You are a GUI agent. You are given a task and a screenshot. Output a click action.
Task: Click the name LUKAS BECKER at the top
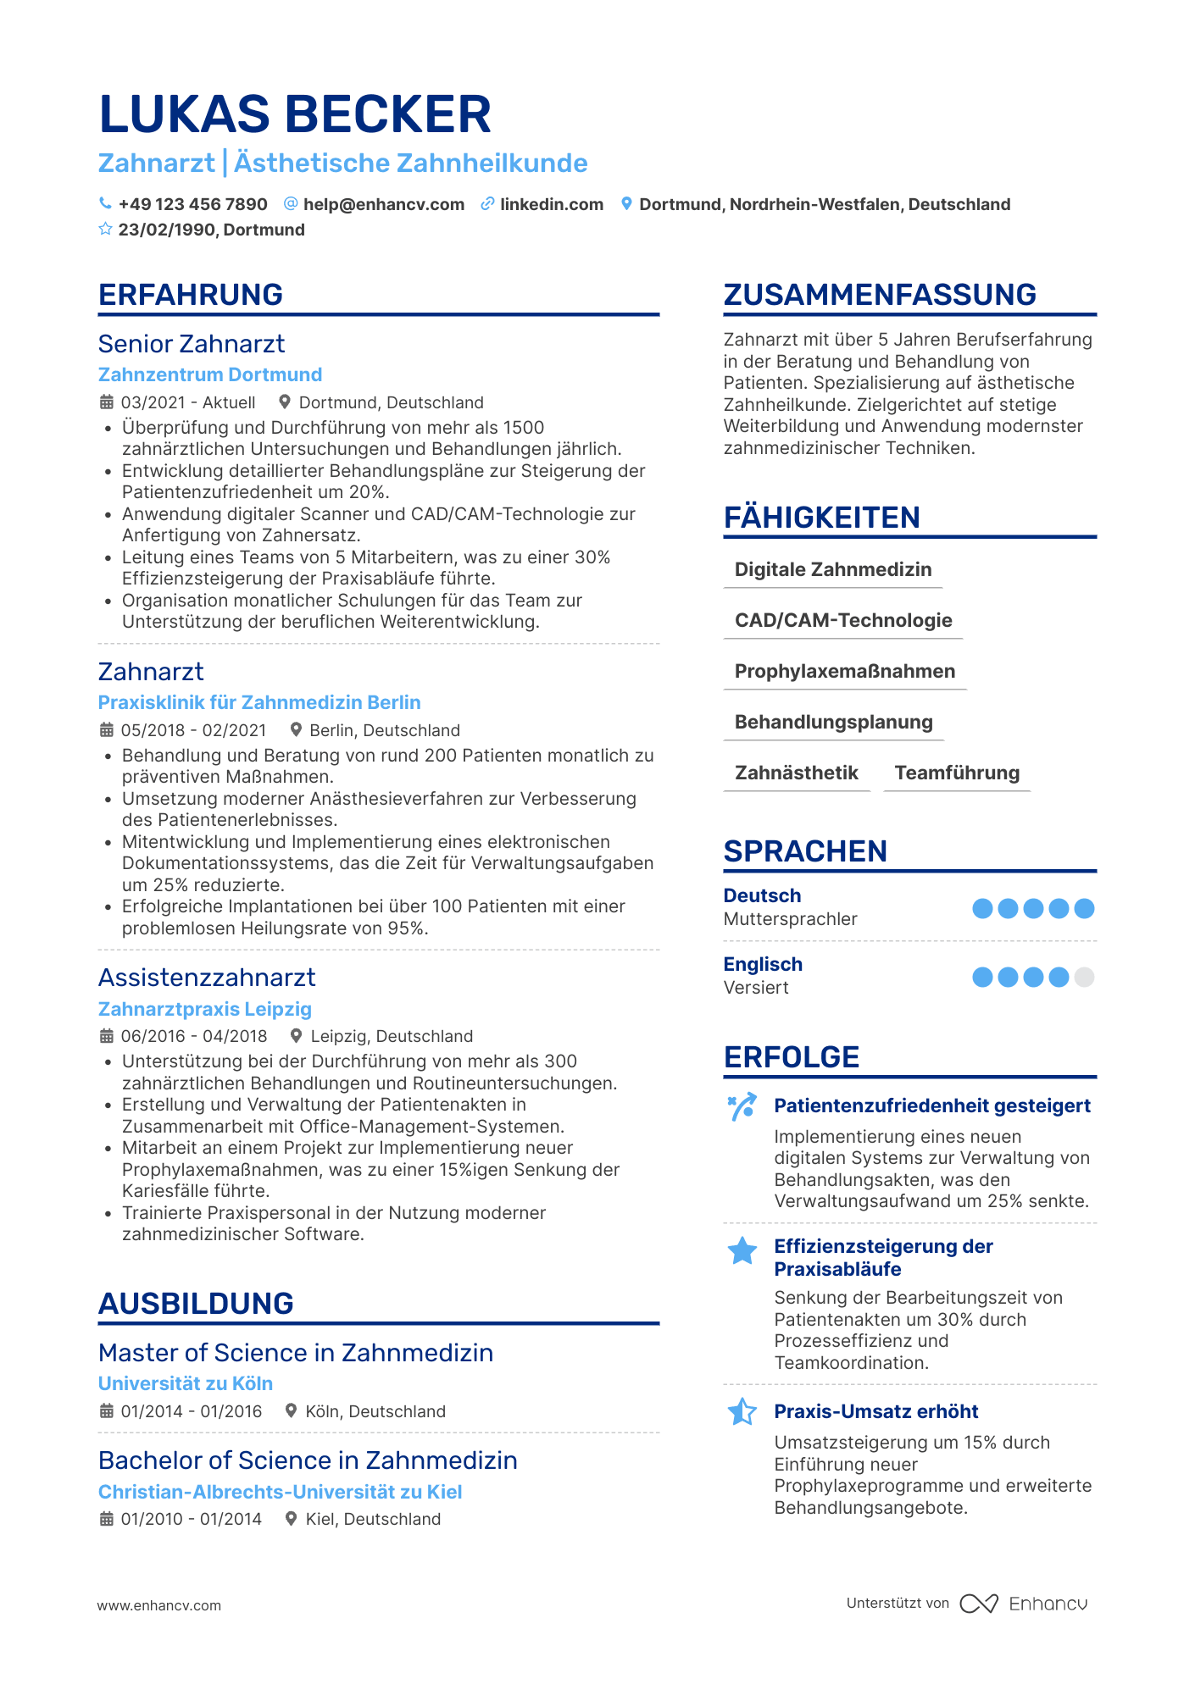295,114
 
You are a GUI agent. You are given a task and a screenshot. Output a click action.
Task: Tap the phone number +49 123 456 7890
192,204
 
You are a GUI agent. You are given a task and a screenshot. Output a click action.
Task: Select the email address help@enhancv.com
383,204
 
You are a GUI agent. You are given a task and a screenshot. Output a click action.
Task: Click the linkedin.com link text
551,204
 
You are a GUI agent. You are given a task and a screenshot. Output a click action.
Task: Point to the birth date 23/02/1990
168,230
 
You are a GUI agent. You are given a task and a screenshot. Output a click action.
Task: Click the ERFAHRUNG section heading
191,295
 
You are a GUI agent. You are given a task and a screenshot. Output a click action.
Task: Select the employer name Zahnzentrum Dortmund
210,374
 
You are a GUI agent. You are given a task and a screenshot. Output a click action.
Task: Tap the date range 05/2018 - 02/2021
193,730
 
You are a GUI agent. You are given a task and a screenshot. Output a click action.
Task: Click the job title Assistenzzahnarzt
207,978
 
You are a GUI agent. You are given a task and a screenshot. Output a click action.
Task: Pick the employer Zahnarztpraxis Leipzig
205,1009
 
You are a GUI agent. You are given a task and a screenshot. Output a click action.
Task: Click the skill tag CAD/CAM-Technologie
843,620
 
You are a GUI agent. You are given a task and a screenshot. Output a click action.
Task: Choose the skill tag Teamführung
957,773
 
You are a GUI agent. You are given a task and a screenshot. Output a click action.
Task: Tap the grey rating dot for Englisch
1084,978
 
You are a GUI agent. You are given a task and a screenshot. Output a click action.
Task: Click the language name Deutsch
762,895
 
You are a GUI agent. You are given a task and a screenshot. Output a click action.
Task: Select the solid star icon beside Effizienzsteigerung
742,1251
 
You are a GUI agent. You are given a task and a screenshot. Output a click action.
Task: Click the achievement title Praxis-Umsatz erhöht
875,1411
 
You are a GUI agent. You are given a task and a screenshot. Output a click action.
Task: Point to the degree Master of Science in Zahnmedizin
296,1353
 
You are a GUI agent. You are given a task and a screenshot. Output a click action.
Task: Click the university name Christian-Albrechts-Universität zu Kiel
280,1492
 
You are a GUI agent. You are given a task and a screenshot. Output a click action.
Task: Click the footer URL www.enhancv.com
159,1605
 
